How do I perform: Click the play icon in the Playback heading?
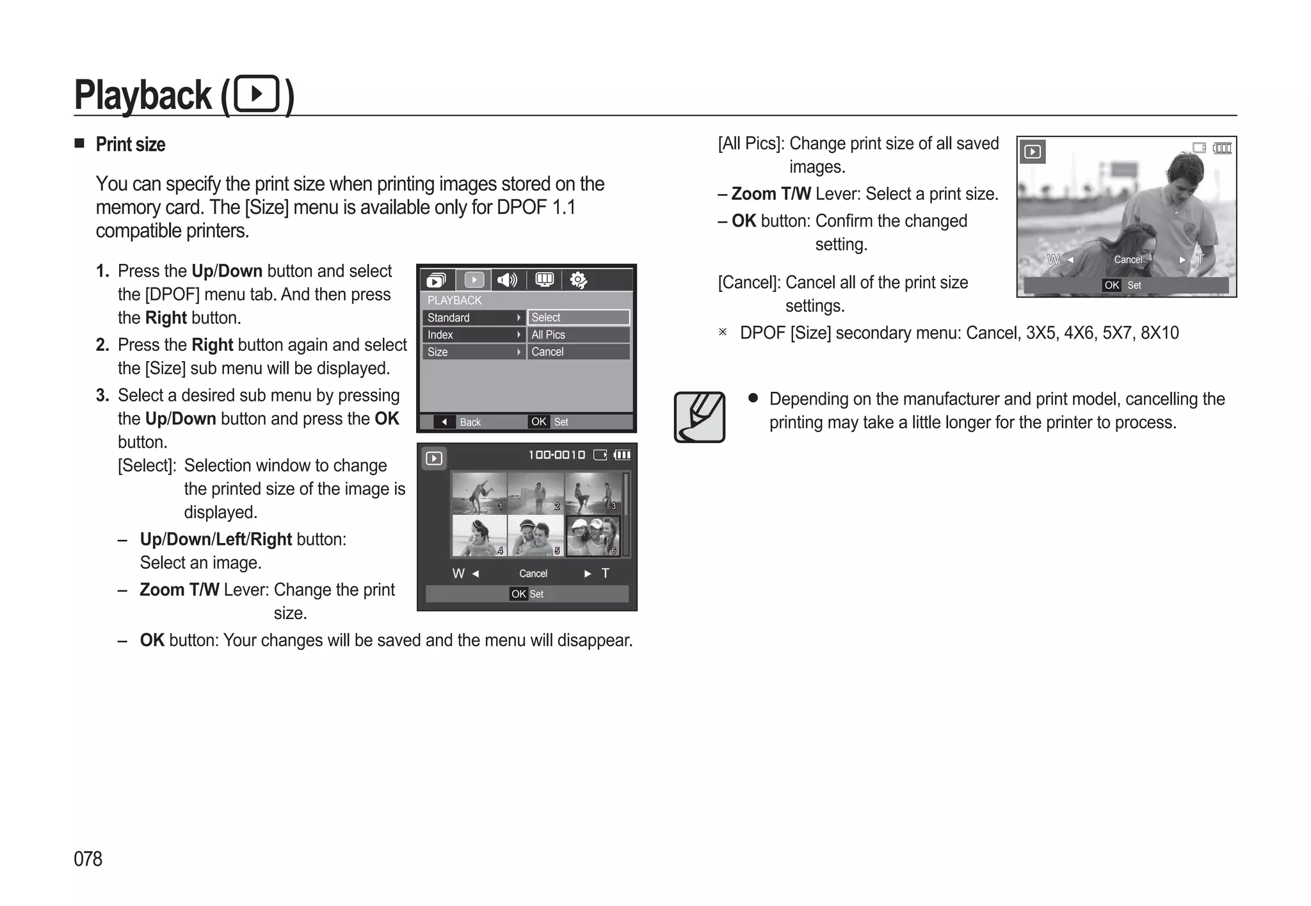257,94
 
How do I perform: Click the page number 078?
88,859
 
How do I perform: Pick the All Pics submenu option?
577,335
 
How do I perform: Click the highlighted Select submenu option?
577,318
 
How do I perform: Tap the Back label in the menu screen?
469,422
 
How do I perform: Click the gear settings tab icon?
578,280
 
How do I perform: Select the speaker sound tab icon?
508,280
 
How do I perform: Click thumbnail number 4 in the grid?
478,535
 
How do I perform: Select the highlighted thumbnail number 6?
593,535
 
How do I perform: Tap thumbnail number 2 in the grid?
535,493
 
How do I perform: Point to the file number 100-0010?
556,455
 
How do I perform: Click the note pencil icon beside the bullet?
699,417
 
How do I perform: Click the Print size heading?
130,145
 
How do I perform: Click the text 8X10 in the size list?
1159,333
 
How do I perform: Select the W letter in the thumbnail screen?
458,573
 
